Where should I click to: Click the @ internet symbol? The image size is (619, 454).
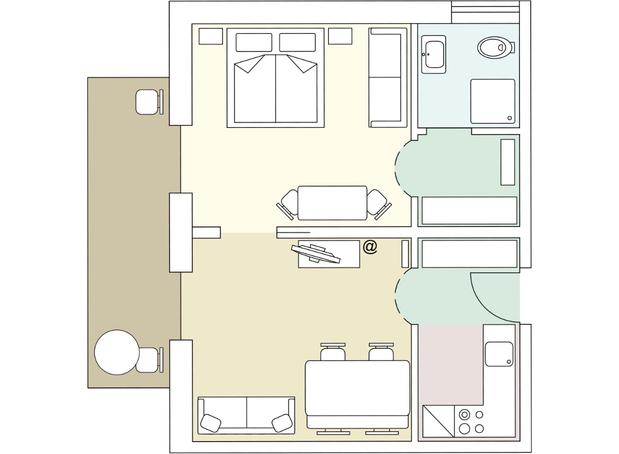[x=370, y=247]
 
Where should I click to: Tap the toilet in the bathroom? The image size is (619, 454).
[x=496, y=47]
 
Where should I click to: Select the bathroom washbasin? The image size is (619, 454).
[x=434, y=55]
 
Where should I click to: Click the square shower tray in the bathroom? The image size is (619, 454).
[x=493, y=102]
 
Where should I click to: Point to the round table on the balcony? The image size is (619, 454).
[x=117, y=352]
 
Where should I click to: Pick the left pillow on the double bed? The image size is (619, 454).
[x=254, y=42]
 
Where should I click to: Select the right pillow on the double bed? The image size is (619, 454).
[x=297, y=42]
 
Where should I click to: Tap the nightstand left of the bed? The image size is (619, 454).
[x=210, y=36]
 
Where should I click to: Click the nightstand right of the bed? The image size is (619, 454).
[x=340, y=36]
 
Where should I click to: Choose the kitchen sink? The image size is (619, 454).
[x=499, y=354]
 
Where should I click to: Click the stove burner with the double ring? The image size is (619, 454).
[x=464, y=414]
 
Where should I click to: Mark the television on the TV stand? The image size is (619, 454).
[x=316, y=253]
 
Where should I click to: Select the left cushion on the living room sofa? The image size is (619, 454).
[x=210, y=423]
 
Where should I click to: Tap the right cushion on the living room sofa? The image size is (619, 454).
[x=282, y=423]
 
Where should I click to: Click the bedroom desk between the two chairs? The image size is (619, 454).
[x=332, y=203]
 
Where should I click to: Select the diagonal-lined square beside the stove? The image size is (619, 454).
[x=438, y=421]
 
